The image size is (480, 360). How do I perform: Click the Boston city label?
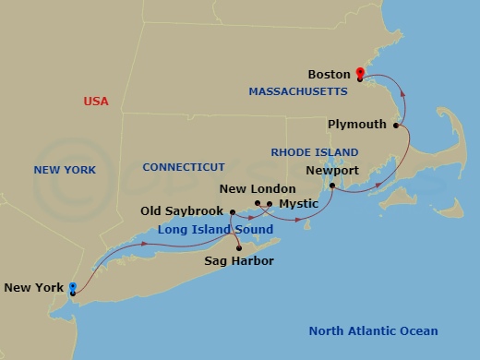click(x=330, y=74)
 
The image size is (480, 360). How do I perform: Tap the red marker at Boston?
click(x=360, y=73)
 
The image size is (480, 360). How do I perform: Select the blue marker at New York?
click(x=72, y=289)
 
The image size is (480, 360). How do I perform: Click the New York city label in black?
click(x=34, y=288)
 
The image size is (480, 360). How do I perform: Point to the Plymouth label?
click(x=357, y=124)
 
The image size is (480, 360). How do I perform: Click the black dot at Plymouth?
click(x=397, y=125)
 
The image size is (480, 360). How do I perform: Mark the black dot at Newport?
click(x=331, y=186)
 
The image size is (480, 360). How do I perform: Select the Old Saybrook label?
click(x=182, y=211)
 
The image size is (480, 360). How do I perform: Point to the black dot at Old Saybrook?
click(x=231, y=212)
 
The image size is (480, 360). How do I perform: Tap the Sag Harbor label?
click(x=239, y=261)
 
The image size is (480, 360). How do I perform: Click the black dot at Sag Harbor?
click(x=239, y=247)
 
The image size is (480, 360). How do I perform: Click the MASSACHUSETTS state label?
click(x=298, y=91)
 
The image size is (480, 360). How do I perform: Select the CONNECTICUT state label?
click(x=184, y=167)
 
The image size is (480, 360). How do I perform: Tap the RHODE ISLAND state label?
click(x=306, y=151)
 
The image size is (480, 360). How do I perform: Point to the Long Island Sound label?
click(x=215, y=229)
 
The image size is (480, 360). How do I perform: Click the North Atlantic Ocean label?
click(x=373, y=331)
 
